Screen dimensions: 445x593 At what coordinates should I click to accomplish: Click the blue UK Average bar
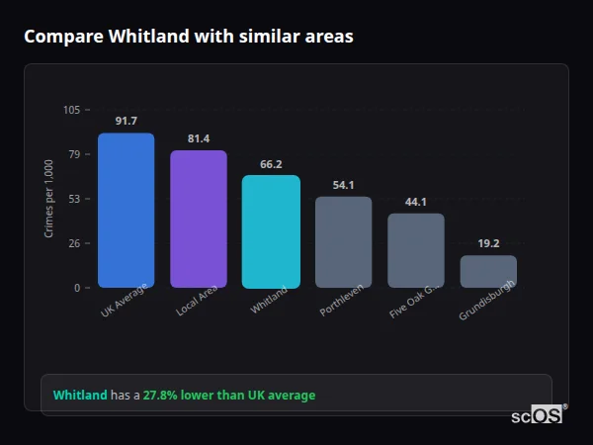tap(126, 211)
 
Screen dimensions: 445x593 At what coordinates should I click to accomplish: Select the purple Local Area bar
tap(199, 220)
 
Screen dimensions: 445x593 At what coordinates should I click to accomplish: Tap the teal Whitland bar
tap(271, 232)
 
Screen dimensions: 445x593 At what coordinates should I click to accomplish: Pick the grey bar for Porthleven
tap(343, 242)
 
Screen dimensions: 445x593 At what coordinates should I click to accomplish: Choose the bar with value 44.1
tap(416, 250)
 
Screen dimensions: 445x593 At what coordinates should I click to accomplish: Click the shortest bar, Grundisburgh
tap(488, 272)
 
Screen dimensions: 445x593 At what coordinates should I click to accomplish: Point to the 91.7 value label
tap(126, 121)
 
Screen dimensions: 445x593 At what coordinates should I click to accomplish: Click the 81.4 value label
tap(199, 138)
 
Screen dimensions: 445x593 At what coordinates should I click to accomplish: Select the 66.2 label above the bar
tap(271, 164)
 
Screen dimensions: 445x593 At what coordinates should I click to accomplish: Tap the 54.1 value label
tap(343, 185)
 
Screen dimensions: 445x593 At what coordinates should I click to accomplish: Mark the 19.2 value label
tap(488, 243)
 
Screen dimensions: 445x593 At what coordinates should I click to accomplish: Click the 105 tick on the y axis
tap(71, 110)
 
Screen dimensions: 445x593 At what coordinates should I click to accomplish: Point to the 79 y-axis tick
tap(74, 154)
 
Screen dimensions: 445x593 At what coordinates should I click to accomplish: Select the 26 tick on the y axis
tap(74, 243)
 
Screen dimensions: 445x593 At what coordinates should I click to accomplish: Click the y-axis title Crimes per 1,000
tap(49, 198)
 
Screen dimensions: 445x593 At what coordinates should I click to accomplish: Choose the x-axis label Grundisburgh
tap(486, 303)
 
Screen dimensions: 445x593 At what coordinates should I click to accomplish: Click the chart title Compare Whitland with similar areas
tap(188, 36)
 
